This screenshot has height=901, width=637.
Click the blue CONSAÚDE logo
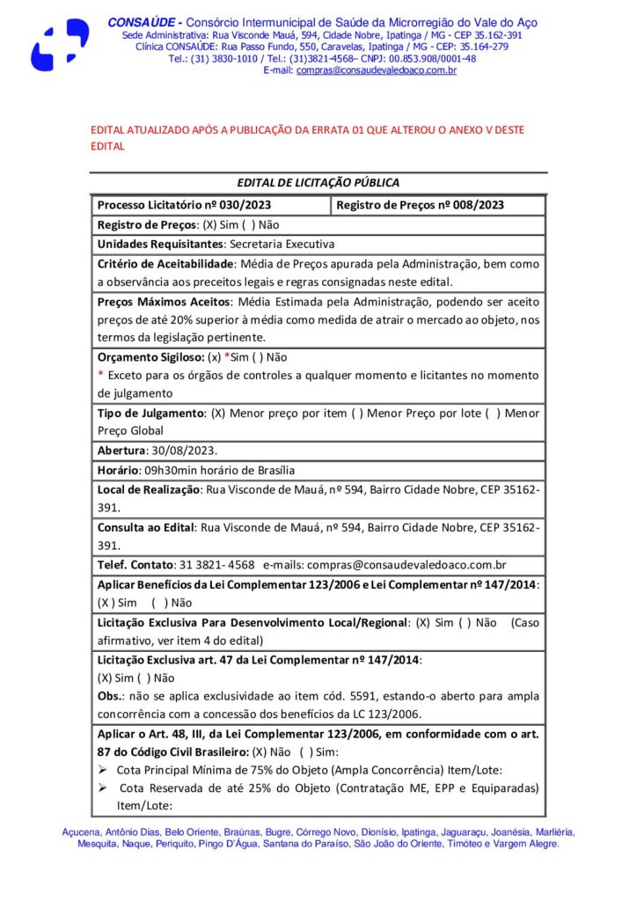click(60, 44)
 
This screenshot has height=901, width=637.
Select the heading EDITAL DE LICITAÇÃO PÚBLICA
click(318, 183)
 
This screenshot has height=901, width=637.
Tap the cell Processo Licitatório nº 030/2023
click(184, 205)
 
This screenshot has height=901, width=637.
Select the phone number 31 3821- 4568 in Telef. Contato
click(216, 565)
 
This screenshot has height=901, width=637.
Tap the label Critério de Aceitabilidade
click(165, 263)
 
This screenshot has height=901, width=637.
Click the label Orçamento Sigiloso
click(150, 357)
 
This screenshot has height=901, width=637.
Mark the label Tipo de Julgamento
click(150, 413)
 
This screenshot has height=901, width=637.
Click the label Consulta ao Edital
click(144, 527)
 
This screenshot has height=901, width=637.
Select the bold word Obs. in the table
click(108, 696)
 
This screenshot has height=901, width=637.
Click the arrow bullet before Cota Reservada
click(102, 789)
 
